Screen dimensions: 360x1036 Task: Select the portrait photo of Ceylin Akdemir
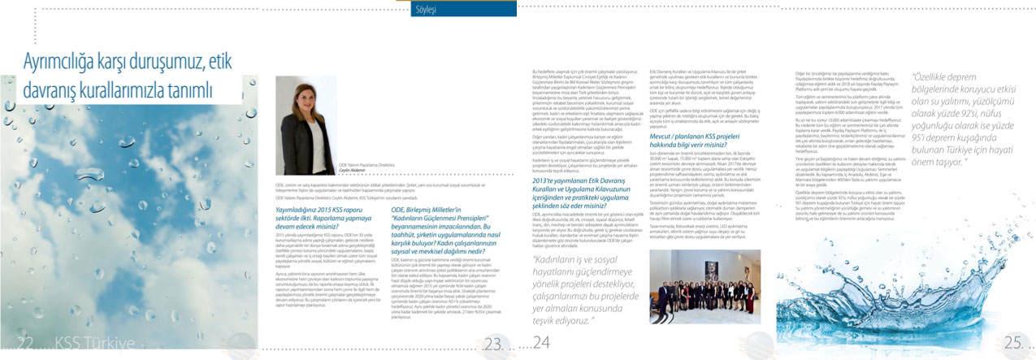pyautogui.click(x=306, y=124)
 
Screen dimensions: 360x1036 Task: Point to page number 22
pyautogui.click(x=24, y=344)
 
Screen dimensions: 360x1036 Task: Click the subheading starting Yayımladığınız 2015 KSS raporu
pyautogui.click(x=322, y=214)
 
